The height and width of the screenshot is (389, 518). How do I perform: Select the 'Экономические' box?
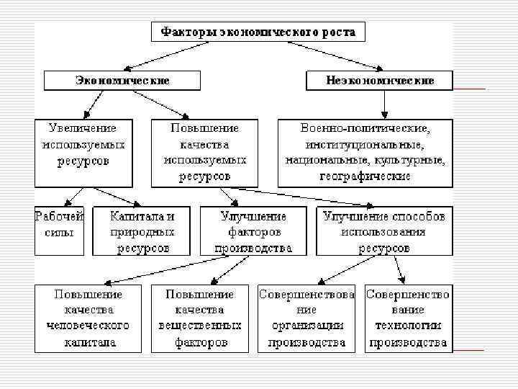coord(123,81)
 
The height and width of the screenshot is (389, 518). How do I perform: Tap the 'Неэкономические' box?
coord(380,81)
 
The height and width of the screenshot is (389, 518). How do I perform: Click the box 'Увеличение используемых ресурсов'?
coord(83,153)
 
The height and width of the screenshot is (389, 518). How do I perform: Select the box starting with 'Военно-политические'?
coord(365,153)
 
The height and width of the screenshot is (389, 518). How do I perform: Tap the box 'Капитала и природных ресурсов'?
coord(142,231)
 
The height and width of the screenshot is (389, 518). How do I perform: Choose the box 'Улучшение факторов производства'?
coord(253,231)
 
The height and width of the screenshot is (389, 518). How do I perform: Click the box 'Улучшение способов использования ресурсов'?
coord(384,231)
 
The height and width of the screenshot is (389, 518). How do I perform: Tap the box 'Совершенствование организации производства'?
coord(306,318)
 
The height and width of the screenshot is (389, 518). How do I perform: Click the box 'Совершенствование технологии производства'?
coord(408,318)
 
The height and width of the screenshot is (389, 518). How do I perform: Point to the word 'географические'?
coord(366,176)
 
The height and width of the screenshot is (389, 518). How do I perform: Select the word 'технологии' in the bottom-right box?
coord(408,326)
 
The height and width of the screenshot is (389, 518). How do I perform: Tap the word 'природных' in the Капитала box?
coord(142,232)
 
